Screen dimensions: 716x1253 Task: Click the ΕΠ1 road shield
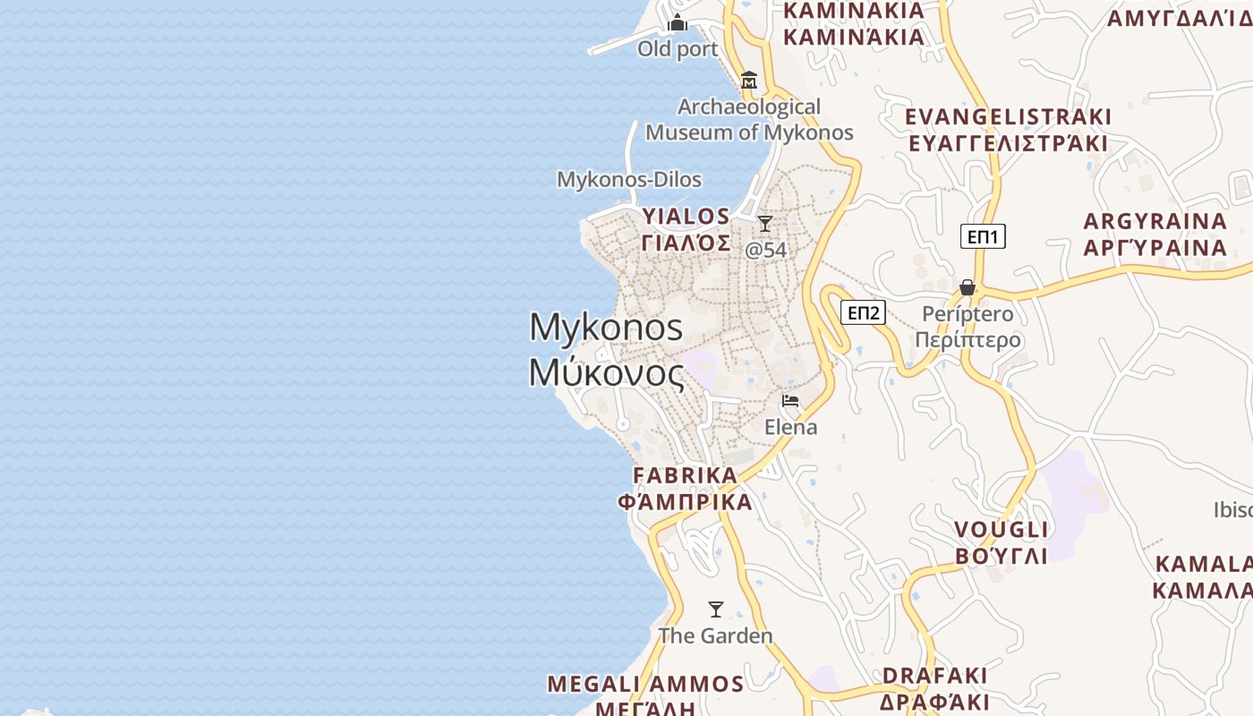[983, 236]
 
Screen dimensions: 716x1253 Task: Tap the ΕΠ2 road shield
[864, 312]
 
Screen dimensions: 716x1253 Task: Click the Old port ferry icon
[678, 22]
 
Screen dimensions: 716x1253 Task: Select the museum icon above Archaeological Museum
[749, 81]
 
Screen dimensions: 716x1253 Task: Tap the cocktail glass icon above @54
[765, 223]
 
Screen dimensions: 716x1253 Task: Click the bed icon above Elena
[790, 400]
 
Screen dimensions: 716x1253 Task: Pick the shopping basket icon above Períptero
[967, 287]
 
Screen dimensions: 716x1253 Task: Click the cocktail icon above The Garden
[715, 609]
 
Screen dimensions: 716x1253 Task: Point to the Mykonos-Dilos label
[629, 179]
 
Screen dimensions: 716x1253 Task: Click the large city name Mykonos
[606, 328]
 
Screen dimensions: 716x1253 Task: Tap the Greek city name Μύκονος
[606, 372]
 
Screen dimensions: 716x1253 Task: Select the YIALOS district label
[686, 217]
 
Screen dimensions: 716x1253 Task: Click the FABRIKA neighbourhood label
[686, 475]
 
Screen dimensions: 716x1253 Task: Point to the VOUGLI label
[1001, 530]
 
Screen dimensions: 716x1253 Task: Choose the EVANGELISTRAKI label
[1008, 117]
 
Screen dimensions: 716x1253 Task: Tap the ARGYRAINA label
[1155, 221]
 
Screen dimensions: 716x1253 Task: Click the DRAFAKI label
[934, 675]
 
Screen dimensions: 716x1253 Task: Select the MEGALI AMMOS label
[645, 685]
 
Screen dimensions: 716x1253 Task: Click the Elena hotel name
[790, 427]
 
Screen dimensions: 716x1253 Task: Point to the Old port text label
[678, 49]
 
